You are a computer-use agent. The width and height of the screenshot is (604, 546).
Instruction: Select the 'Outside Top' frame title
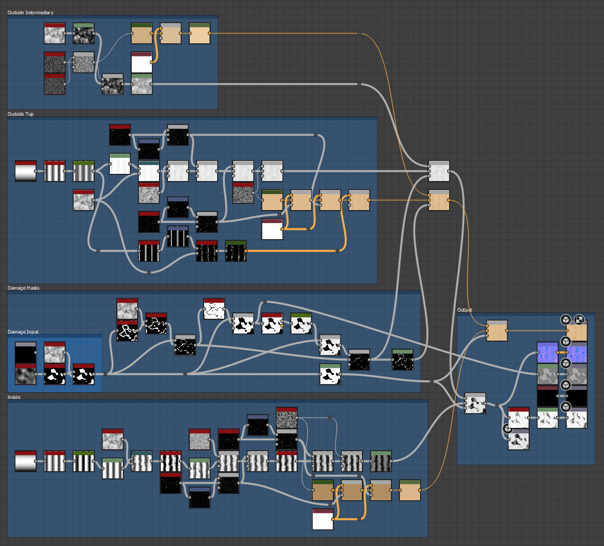click(20, 114)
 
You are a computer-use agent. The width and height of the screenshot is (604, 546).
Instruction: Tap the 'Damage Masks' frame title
click(23, 288)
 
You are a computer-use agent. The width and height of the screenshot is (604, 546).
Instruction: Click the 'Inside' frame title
click(14, 397)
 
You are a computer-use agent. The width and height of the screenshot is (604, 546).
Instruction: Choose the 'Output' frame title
click(465, 310)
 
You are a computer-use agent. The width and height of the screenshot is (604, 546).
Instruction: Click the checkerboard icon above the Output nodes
click(579, 319)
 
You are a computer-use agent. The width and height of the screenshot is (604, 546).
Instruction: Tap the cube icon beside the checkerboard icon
click(565, 319)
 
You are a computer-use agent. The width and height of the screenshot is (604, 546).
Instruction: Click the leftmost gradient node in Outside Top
click(26, 171)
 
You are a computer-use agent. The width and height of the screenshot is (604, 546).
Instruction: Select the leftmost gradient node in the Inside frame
click(26, 461)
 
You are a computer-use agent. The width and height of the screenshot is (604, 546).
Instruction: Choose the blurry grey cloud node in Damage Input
click(26, 374)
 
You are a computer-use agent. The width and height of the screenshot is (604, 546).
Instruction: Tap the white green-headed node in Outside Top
click(120, 164)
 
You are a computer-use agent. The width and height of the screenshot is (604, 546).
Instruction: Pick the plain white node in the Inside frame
click(323, 519)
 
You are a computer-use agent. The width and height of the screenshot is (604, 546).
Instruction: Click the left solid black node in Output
click(547, 396)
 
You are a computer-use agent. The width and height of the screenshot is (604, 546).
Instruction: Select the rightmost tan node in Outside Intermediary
click(199, 34)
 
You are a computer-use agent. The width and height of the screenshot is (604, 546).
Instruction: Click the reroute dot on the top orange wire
click(360, 34)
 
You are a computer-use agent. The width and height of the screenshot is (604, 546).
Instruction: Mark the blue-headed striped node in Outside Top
click(177, 237)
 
